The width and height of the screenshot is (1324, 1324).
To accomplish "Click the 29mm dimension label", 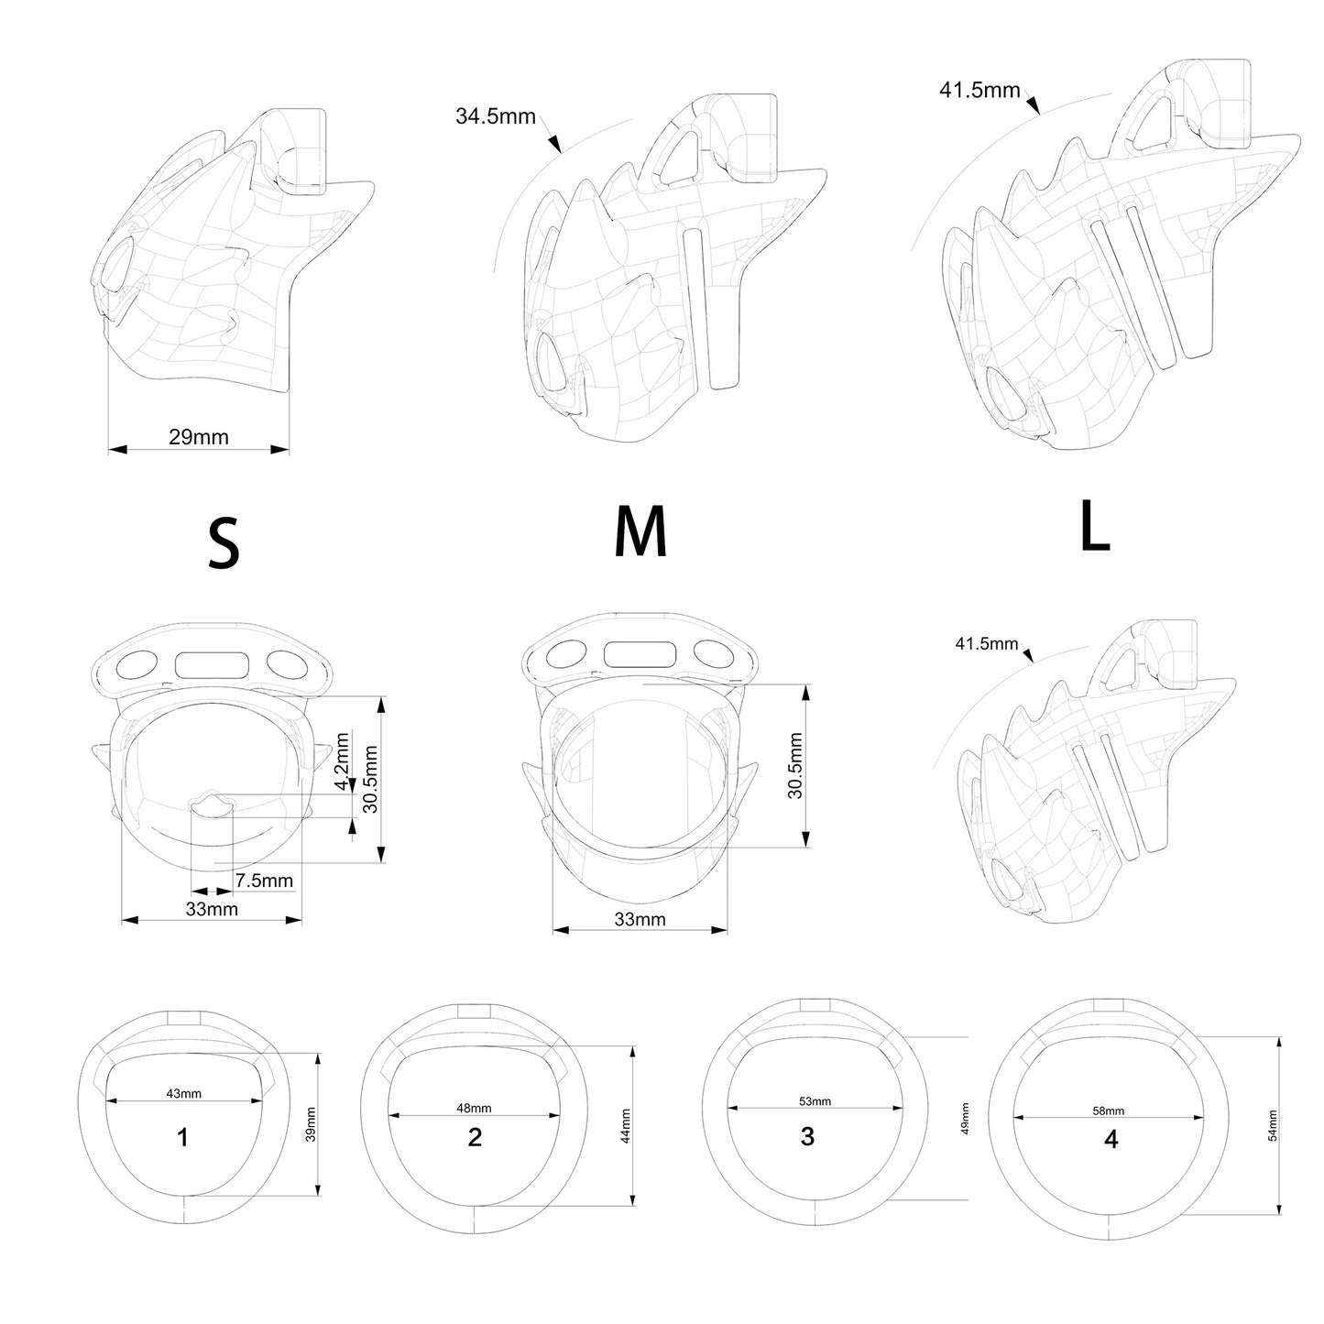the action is click(x=199, y=437).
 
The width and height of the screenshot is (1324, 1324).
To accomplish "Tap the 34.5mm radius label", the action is click(x=496, y=116).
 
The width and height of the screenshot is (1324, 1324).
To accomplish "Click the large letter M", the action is click(x=640, y=531).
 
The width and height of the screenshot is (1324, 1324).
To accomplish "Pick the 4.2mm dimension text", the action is click(x=342, y=761).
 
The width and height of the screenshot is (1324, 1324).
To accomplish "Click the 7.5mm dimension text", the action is click(x=264, y=881).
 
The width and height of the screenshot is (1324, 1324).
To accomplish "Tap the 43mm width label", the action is click(x=184, y=1093).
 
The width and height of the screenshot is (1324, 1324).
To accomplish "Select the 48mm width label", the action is click(x=474, y=1108).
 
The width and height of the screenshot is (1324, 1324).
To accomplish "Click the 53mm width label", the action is click(x=815, y=1100).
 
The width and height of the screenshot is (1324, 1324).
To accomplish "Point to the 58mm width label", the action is click(x=1109, y=1111).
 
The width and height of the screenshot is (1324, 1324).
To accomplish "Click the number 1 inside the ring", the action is click(x=182, y=1137).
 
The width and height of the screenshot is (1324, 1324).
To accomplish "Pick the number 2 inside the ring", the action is click(x=475, y=1137).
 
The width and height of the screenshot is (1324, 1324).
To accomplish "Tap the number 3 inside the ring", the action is click(x=808, y=1136).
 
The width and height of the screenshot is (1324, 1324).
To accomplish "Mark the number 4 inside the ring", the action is click(x=1111, y=1139).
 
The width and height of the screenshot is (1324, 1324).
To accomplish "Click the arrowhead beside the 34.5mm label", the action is click(x=554, y=144).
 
